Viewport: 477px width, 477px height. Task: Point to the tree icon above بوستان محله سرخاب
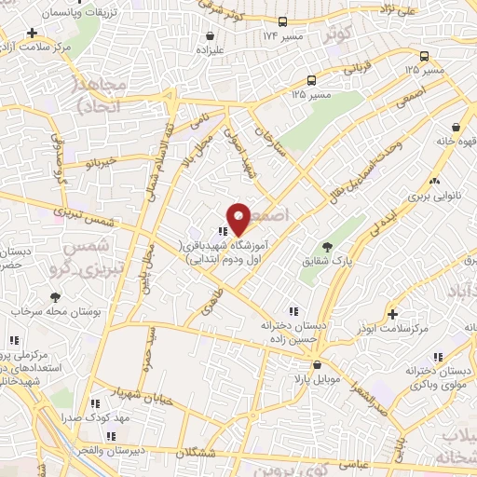[x=55, y=297]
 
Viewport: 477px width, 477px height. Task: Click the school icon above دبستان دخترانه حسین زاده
[x=293, y=310]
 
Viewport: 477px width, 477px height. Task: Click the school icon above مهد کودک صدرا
[x=94, y=403]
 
